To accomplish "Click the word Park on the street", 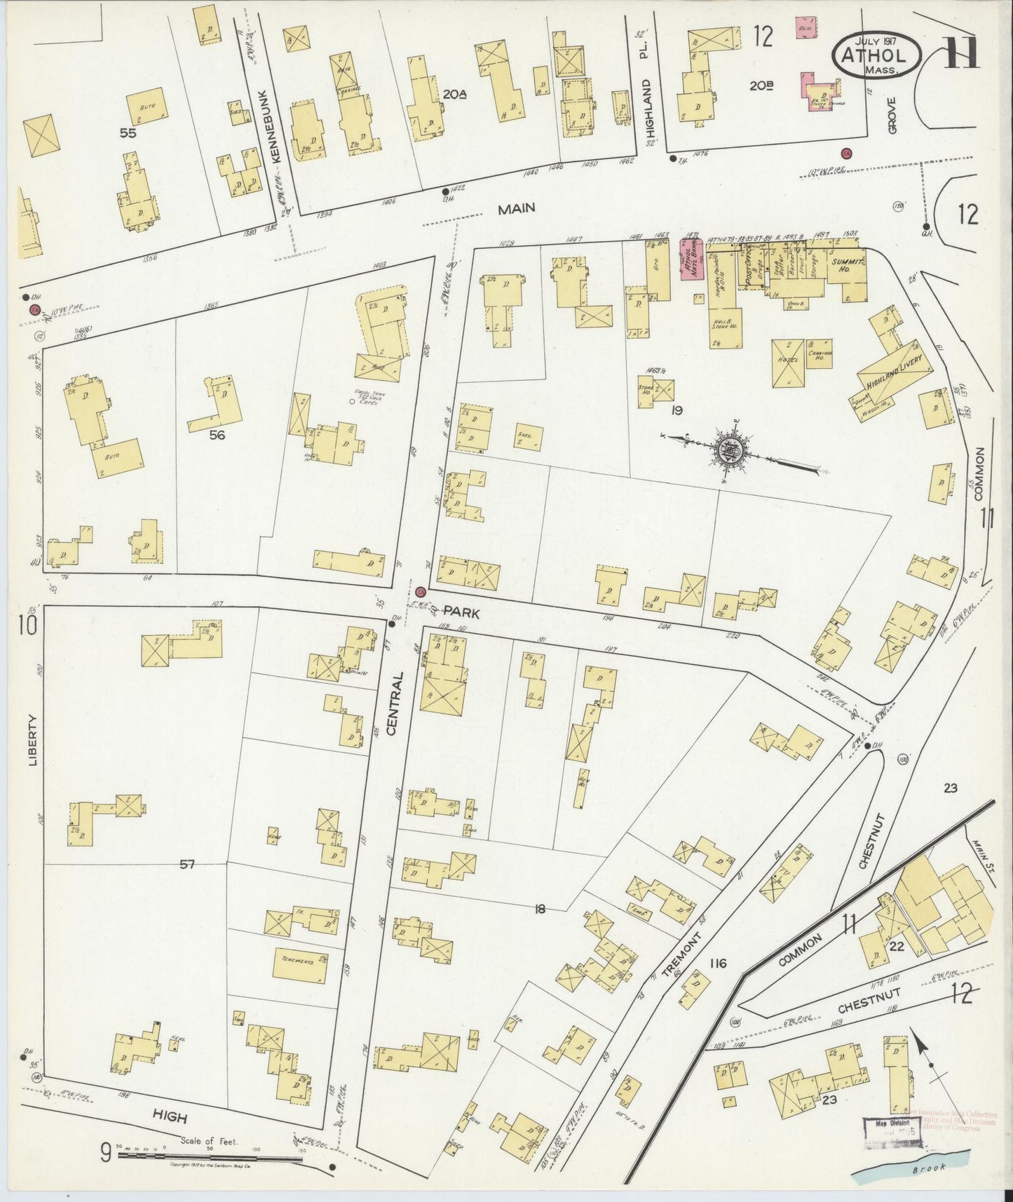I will pyautogui.click(x=460, y=613).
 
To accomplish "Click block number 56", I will pyautogui.click(x=217, y=435).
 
